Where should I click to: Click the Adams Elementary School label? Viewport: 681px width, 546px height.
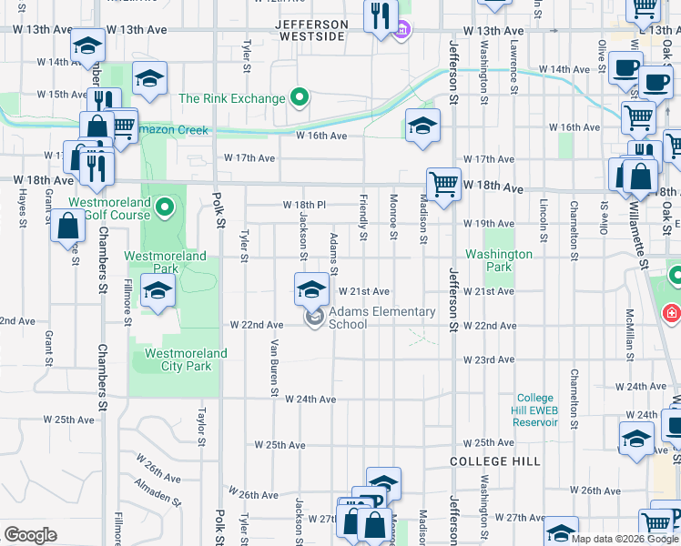381,318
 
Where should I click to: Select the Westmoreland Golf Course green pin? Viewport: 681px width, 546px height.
165,209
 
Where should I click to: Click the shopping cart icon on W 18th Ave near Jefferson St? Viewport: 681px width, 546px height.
443,185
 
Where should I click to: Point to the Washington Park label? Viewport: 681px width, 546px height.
499,261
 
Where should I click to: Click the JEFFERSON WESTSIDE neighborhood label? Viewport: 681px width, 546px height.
310,30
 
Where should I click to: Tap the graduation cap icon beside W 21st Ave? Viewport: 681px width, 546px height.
311,290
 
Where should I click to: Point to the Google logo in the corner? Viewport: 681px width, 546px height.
31,534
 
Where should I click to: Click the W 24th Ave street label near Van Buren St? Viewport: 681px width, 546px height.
310,399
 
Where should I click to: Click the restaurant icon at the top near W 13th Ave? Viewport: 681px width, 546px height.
380,15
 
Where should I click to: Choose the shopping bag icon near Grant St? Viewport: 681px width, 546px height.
68,227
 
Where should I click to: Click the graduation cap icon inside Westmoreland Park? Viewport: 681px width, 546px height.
158,292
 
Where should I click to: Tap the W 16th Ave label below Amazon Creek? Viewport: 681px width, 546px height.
321,136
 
